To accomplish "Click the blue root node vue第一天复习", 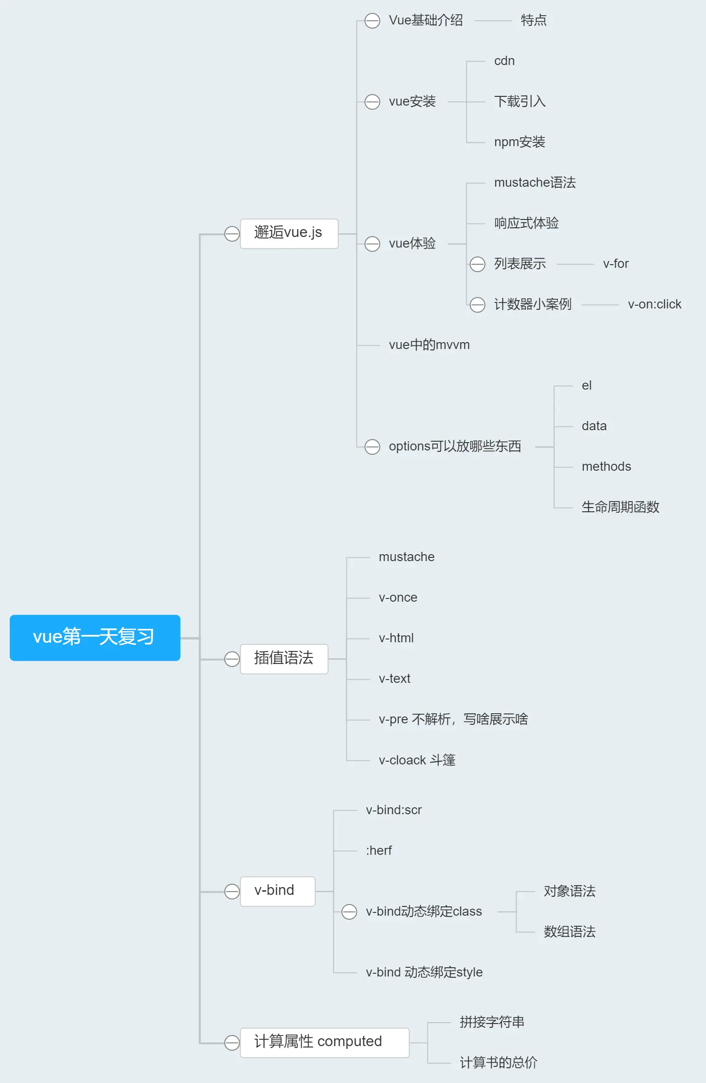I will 95,637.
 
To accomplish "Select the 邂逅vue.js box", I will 289,233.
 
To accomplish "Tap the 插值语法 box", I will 284,658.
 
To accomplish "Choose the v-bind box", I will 277,891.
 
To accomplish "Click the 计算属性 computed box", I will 324,1042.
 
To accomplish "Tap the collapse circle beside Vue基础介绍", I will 372,21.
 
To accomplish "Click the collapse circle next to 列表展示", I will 477,264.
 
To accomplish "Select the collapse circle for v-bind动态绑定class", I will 349,911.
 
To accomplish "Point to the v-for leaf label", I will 616,264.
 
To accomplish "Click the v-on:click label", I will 654,304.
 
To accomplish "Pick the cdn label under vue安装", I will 504,61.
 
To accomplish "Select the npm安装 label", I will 519,142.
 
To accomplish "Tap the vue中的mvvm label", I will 429,345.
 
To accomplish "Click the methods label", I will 606,467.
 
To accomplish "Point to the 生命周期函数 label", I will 620,507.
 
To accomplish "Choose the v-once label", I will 397,598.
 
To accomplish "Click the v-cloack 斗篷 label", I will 417,760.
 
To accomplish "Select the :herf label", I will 379,851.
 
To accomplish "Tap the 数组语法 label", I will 570,932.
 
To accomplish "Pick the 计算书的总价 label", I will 498,1063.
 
